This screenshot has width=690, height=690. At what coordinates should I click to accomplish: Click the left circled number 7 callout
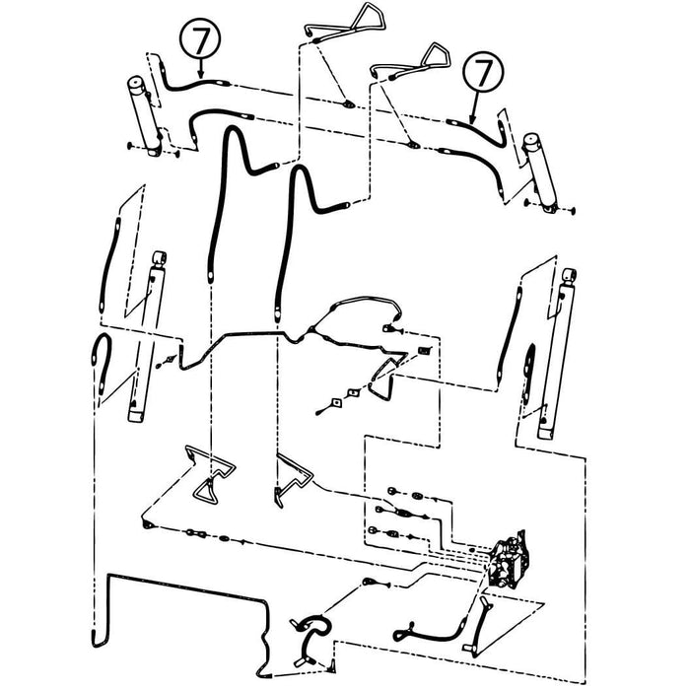coord(200,38)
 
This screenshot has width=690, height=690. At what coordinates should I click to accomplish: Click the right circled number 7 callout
coord(483,71)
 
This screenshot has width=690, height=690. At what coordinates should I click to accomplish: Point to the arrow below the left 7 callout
coord(201,68)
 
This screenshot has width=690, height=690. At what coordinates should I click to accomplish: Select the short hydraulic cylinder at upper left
coord(145,115)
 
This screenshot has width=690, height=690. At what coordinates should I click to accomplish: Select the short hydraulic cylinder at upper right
coord(540,172)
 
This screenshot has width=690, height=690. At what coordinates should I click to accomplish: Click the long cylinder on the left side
coord(147,337)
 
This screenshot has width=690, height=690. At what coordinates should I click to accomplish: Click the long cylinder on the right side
coord(556,353)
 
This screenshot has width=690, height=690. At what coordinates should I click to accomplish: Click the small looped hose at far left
coord(102,362)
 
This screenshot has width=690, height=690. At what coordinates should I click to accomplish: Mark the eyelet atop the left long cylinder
coord(159,258)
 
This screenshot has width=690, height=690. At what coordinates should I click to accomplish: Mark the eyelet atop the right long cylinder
coord(569,275)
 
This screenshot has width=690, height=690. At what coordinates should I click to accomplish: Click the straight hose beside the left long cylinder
coord(110,264)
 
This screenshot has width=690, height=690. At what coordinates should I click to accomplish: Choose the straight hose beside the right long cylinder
coord(510,333)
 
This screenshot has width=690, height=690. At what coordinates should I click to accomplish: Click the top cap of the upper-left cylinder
coord(136,83)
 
